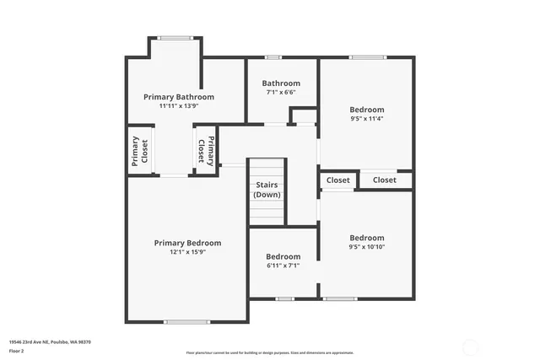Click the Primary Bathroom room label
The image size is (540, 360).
click(178, 97)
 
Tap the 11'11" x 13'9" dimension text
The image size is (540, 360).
click(178, 106)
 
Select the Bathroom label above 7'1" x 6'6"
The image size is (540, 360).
click(281, 83)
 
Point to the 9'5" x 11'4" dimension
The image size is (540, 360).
click(367, 119)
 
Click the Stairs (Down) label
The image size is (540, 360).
click(267, 190)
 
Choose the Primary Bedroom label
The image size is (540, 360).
click(187, 243)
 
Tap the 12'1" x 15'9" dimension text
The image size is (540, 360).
click(187, 252)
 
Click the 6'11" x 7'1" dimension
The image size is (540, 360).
click(283, 266)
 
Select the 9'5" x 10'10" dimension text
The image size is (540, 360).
click(367, 247)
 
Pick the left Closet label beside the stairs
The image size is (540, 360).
click(337, 180)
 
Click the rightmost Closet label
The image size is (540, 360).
click(384, 180)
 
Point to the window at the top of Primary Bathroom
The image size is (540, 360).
click(175, 37)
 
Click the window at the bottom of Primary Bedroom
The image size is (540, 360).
click(186, 321)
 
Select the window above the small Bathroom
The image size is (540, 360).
click(273, 57)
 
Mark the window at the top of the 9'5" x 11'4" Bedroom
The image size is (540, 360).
click(368, 57)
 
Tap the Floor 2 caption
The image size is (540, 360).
click(16, 350)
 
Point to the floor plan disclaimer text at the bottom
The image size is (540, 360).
click(269, 353)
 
